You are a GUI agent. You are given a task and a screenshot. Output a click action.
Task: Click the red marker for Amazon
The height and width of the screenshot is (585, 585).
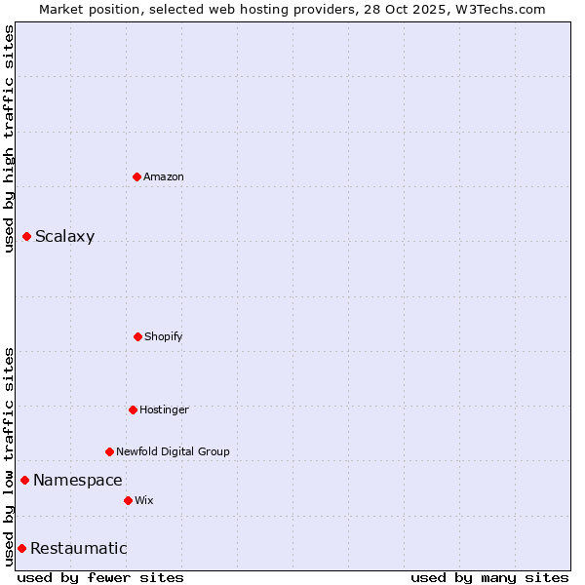pyautogui.click(x=136, y=176)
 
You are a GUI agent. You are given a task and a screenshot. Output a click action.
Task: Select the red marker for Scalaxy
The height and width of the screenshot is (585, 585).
pyautogui.click(x=26, y=236)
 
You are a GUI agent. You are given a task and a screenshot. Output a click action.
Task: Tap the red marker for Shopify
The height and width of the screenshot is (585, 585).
pyautogui.click(x=137, y=336)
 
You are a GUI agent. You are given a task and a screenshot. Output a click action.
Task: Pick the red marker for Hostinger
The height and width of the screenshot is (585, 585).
pyautogui.click(x=133, y=409)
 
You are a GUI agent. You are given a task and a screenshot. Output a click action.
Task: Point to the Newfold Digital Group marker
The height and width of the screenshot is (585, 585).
pyautogui.click(x=109, y=451)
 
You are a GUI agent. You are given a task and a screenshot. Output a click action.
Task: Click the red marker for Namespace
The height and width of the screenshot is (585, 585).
pyautogui.click(x=24, y=480)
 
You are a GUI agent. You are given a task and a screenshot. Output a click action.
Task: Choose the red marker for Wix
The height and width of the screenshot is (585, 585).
pyautogui.click(x=128, y=500)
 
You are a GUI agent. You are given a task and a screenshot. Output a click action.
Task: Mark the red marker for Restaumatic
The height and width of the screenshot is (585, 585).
pyautogui.click(x=21, y=548)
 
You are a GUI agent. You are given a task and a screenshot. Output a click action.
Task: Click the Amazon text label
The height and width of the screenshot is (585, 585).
pyautogui.click(x=164, y=176)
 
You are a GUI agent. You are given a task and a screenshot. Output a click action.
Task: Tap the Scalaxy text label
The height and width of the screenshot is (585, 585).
pyautogui.click(x=64, y=236)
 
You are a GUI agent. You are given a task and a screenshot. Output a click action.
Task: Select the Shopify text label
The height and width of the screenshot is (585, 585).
pyautogui.click(x=163, y=336)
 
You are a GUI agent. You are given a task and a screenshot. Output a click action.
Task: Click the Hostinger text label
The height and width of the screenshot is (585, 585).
pyautogui.click(x=164, y=409)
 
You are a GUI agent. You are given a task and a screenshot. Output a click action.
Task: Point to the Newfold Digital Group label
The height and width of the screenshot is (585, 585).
pyautogui.click(x=173, y=451)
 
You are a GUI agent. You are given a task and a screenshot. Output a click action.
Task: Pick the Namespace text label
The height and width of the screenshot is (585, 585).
pyautogui.click(x=77, y=480)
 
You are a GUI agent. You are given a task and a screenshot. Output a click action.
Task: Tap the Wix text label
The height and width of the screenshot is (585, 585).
pyautogui.click(x=144, y=500)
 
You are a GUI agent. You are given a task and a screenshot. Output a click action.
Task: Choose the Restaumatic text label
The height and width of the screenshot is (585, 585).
pyautogui.click(x=78, y=548)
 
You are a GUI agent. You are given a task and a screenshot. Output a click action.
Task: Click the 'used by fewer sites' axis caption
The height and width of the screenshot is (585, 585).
pyautogui.click(x=100, y=577)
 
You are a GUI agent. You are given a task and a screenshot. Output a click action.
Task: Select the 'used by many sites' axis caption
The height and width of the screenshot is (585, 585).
pyautogui.click(x=489, y=577)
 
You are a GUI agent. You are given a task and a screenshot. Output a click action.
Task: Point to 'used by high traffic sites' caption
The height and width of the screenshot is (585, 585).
pyautogui.click(x=9, y=138)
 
